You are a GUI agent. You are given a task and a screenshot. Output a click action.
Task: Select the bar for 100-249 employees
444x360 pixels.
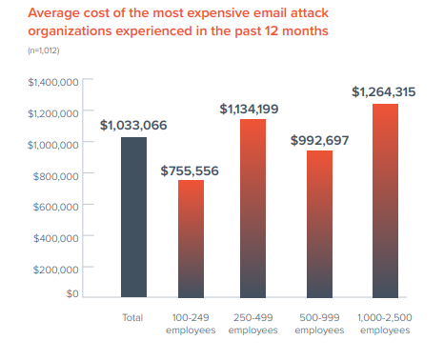click(191, 238)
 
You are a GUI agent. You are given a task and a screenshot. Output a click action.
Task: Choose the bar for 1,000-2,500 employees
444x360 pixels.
click(385, 200)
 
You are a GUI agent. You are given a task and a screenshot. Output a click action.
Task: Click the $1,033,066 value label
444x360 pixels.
click(133, 125)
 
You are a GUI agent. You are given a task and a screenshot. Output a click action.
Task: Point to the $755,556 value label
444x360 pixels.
click(191, 170)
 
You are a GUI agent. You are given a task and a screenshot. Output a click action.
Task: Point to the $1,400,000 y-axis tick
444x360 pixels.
click(52, 83)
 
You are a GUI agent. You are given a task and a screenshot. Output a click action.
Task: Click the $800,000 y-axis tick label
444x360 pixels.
click(55, 175)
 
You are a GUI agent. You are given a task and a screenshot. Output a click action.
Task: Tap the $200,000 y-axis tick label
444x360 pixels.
click(55, 269)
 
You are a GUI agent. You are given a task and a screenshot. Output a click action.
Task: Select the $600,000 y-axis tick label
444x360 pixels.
click(55, 207)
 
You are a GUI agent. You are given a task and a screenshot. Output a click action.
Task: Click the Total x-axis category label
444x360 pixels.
click(133, 317)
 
